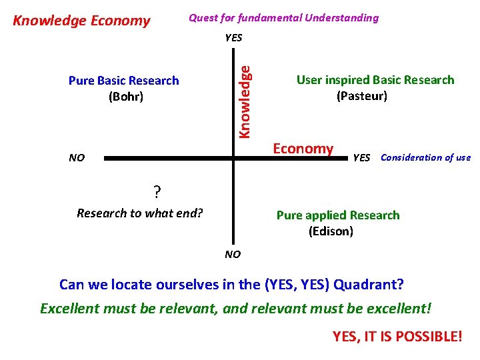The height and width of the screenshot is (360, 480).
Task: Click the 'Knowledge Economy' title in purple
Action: (x=82, y=21)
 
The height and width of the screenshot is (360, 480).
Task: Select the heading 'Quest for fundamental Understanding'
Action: (x=283, y=18)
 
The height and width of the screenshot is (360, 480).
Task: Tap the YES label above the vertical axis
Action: (x=233, y=38)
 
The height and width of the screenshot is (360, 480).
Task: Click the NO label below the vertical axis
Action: (x=233, y=254)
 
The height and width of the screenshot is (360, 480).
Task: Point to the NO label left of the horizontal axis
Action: (x=77, y=158)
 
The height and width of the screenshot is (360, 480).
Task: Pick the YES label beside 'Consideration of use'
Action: (x=361, y=158)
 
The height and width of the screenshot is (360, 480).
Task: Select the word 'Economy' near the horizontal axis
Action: (x=303, y=148)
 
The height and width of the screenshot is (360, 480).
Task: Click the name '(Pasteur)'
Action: (x=362, y=96)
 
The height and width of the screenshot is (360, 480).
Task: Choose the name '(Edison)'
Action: (x=331, y=231)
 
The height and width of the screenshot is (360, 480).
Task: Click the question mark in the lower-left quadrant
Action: (x=157, y=193)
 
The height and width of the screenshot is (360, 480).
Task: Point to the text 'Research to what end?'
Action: (x=140, y=213)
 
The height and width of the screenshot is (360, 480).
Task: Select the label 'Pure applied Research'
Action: (x=338, y=215)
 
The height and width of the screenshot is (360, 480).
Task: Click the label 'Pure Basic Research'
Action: (x=123, y=81)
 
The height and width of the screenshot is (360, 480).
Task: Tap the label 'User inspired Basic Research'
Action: (x=375, y=80)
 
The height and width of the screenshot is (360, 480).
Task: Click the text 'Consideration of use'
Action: (x=425, y=158)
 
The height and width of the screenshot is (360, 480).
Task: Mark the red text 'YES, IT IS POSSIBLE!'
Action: (x=397, y=337)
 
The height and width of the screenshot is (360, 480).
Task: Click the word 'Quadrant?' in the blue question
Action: (x=369, y=285)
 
